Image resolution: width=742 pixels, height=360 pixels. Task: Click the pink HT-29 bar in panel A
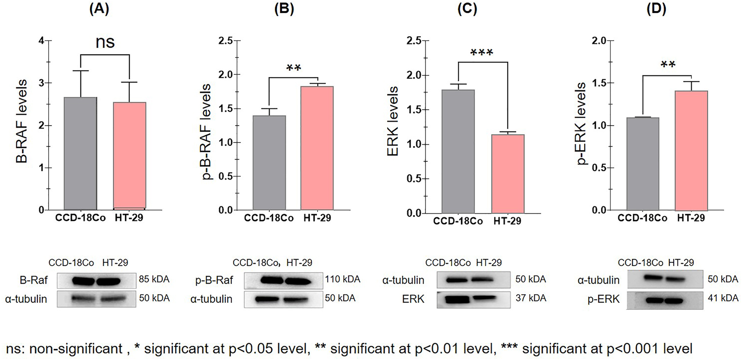point(129,156)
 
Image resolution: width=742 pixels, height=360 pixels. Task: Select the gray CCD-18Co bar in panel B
point(269,163)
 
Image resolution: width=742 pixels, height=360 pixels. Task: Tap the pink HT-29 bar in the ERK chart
point(508,173)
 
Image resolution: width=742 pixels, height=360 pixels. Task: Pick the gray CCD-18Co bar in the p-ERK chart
point(643,164)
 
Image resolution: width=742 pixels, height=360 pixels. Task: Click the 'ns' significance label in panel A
point(105,42)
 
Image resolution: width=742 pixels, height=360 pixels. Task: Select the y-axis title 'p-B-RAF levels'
point(206,132)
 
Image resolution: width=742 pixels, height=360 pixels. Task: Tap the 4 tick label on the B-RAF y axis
point(41,41)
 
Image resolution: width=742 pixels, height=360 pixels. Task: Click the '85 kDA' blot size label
point(154,279)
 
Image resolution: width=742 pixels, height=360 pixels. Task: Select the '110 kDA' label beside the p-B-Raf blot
point(342,279)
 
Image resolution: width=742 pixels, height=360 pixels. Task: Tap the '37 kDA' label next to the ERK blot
point(531,298)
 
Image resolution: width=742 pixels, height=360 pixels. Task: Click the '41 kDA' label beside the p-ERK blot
point(723,298)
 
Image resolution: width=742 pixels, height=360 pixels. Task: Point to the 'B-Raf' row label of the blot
point(34,281)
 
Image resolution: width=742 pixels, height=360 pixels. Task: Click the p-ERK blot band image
point(665,300)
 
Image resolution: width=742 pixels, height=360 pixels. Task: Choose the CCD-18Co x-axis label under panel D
point(642,218)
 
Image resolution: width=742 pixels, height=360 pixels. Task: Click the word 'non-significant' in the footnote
point(76,349)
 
